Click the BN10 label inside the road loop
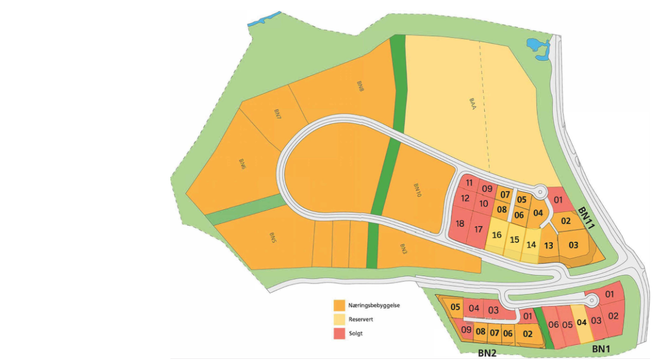[417, 191]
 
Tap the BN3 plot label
[403, 247]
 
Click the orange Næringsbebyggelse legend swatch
[339, 305]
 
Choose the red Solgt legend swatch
[339, 334]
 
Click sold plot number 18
[460, 224]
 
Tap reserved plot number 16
[496, 235]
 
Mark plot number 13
[548, 245]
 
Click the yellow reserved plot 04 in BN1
[581, 322]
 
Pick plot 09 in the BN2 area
[466, 330]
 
